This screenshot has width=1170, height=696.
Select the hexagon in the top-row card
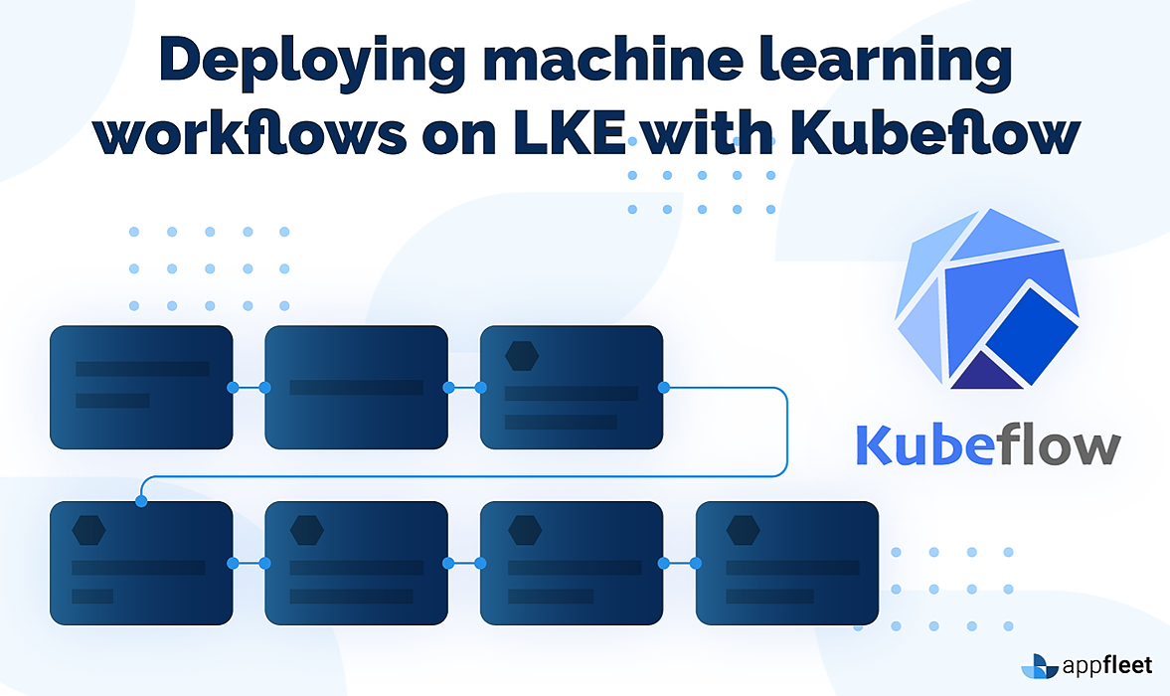tap(522, 355)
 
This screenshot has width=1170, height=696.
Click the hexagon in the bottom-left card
tap(89, 530)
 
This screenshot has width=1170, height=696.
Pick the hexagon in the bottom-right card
tap(743, 530)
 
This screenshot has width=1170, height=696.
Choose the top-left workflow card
tap(141, 386)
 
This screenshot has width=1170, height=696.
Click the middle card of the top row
tap(356, 386)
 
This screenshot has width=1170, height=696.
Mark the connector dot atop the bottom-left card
tap(141, 501)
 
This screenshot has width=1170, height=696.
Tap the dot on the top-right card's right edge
tap(663, 387)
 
